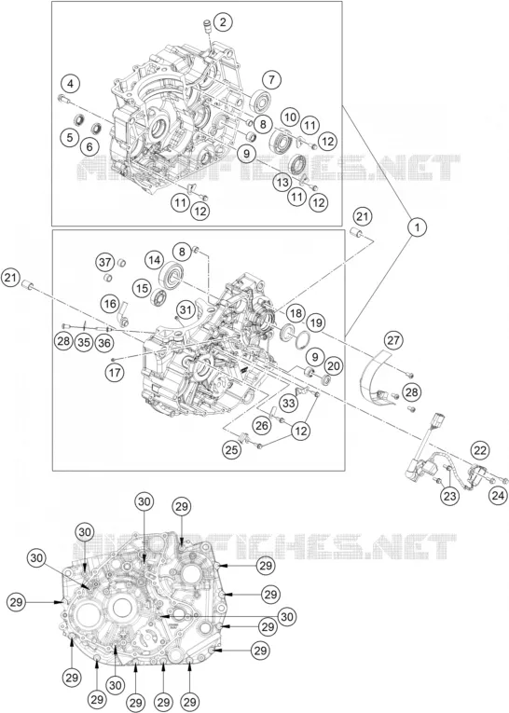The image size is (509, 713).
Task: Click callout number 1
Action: pyautogui.click(x=417, y=226)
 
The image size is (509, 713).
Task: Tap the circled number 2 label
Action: pyautogui.click(x=223, y=22)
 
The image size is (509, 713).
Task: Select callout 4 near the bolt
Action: pyautogui.click(x=70, y=84)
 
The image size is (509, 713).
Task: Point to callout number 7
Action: pyautogui.click(x=271, y=80)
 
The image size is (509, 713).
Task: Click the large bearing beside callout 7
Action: pyautogui.click(x=261, y=102)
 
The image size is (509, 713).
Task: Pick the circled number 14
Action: pyautogui.click(x=154, y=260)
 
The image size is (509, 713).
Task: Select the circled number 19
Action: pyautogui.click(x=317, y=322)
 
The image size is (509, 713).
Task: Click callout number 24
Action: pyautogui.click(x=498, y=495)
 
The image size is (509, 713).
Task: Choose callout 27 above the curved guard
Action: pyautogui.click(x=393, y=339)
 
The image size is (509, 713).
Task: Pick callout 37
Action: pyautogui.click(x=105, y=262)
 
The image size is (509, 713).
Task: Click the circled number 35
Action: pyautogui.click(x=84, y=342)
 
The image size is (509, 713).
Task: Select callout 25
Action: pyautogui.click(x=231, y=450)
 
